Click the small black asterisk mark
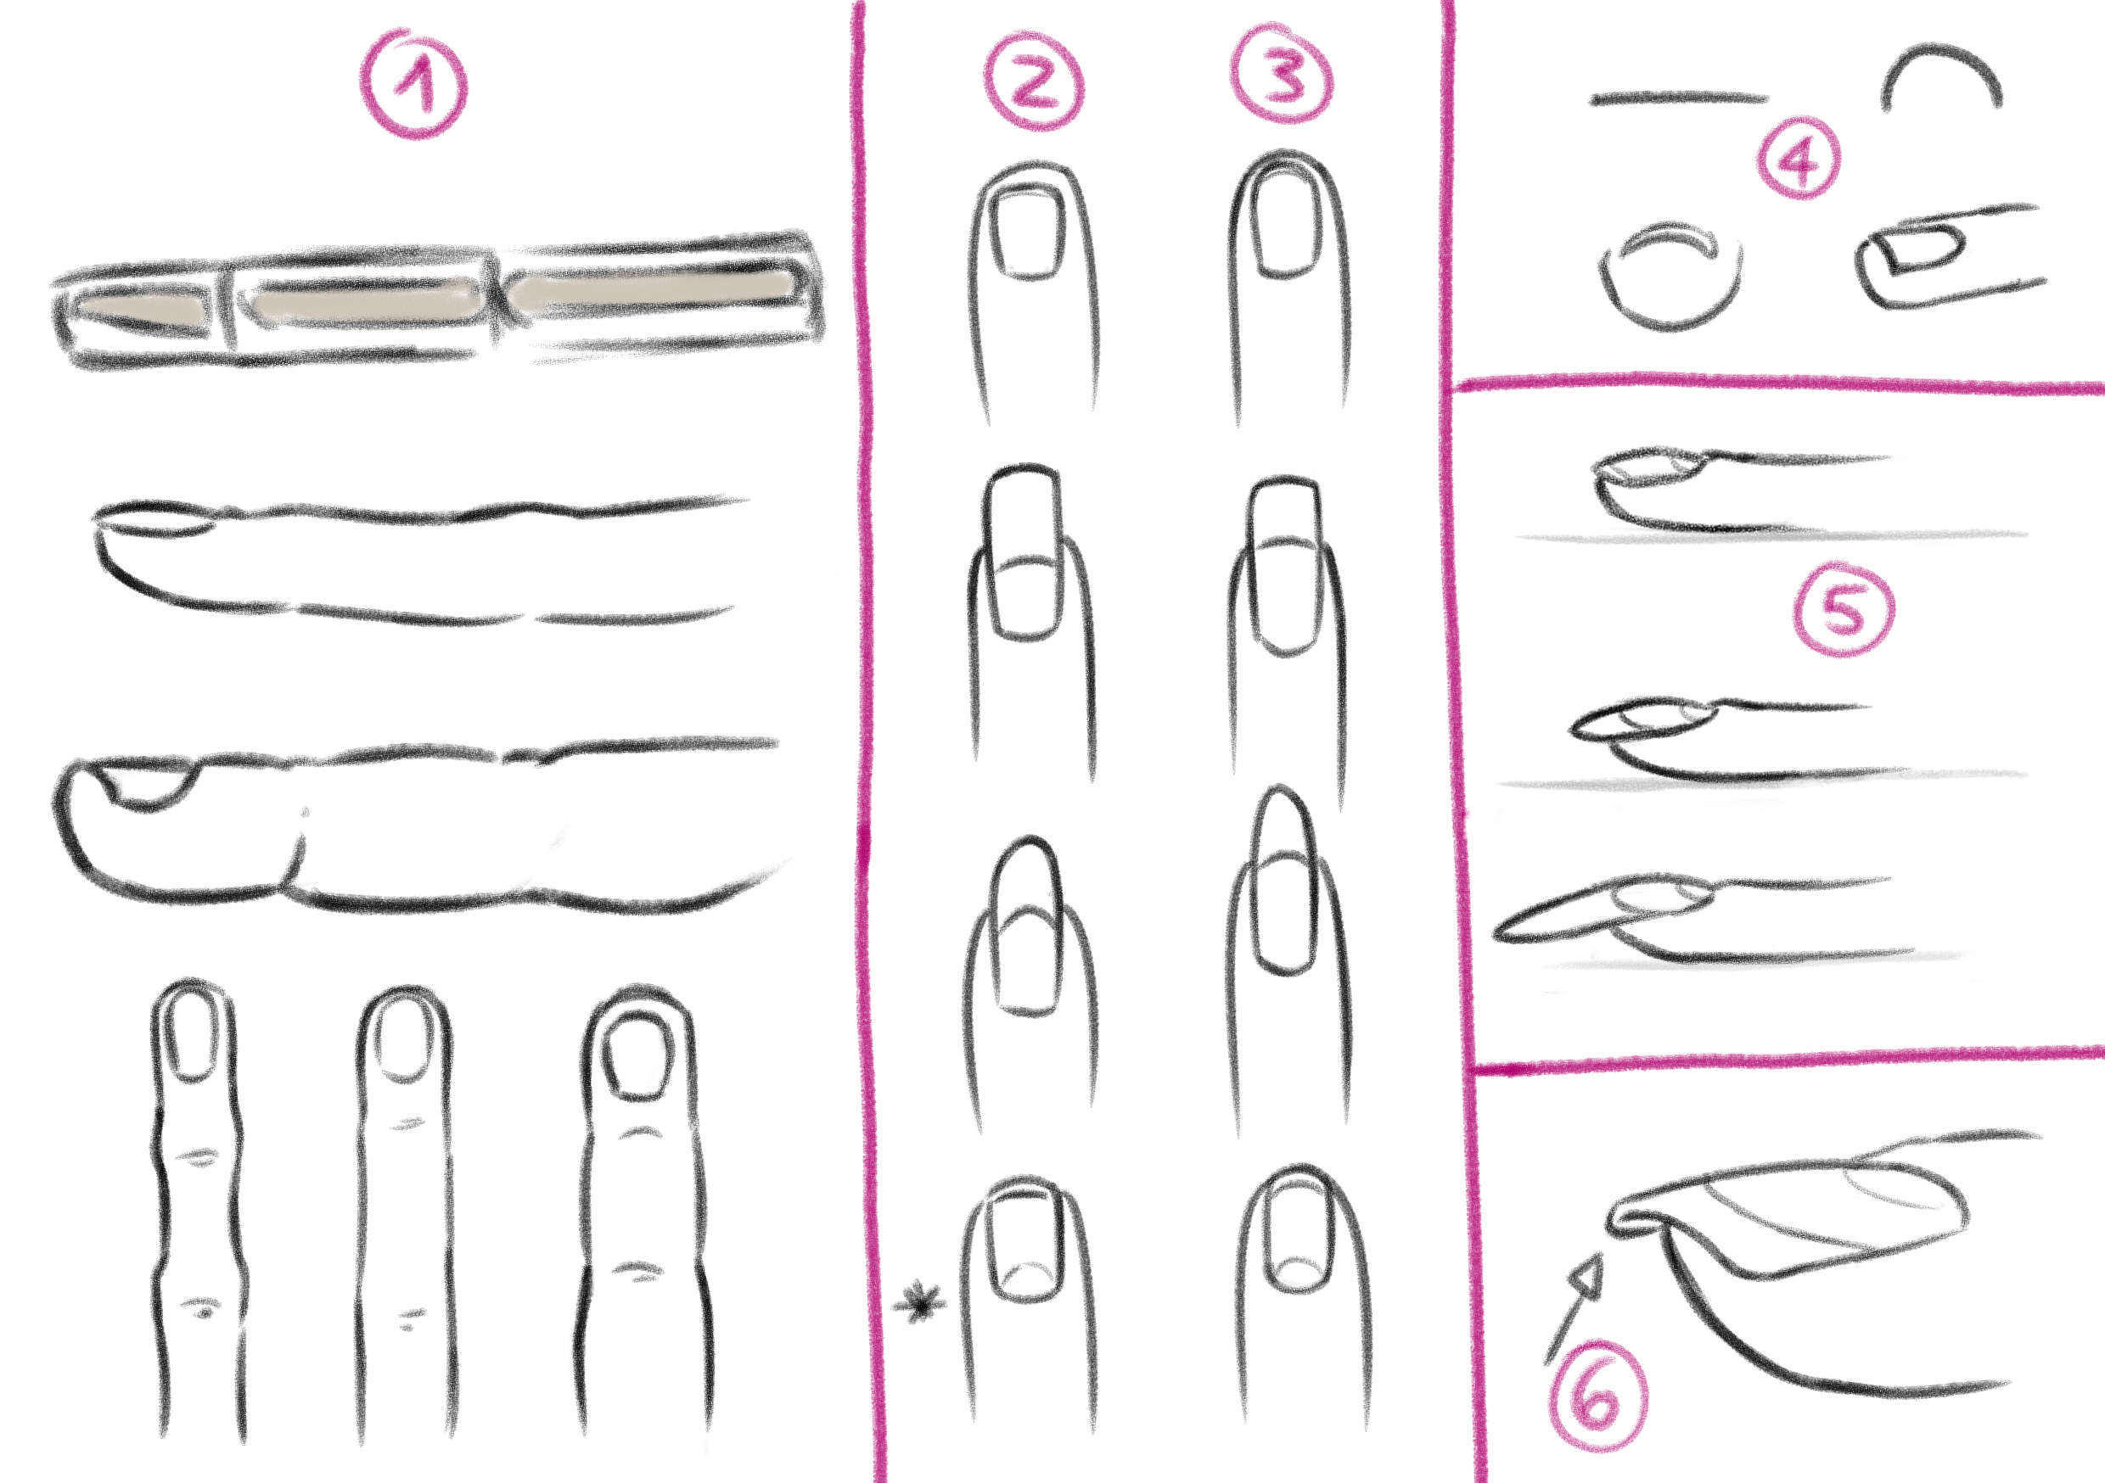(x=918, y=1304)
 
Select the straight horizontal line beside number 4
(x=1680, y=98)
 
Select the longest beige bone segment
(x=651, y=289)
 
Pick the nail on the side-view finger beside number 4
(x=1916, y=250)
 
